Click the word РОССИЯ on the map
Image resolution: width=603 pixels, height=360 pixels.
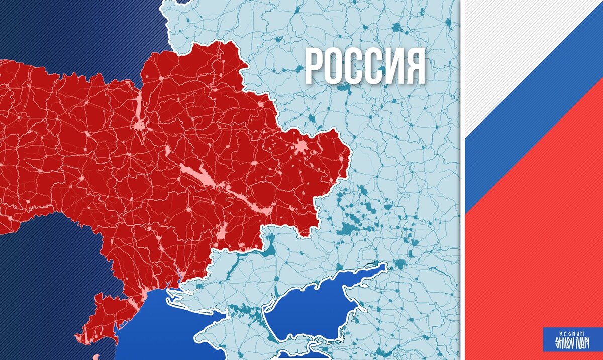[x=365, y=66]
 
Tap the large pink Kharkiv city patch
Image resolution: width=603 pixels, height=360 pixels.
[x=302, y=147]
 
